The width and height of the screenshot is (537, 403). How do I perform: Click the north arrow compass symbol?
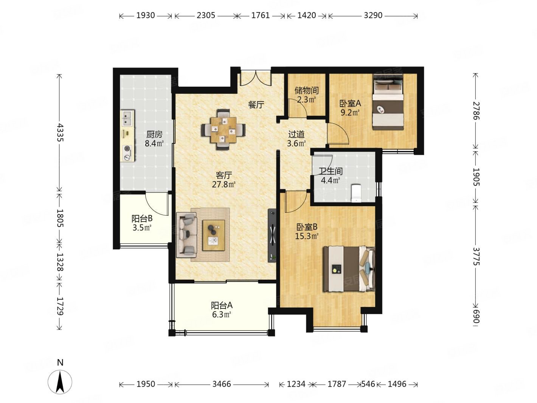(60, 382)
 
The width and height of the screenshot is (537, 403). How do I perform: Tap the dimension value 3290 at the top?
(372, 16)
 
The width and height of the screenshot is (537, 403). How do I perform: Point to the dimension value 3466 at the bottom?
(221, 384)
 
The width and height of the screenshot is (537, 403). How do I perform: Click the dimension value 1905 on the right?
(476, 177)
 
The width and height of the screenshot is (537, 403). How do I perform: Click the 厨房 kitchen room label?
(154, 134)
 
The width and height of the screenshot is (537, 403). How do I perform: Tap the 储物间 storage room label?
(306, 90)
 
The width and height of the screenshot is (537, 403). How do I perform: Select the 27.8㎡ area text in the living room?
(223, 184)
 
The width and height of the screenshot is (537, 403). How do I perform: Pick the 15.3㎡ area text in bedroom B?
(307, 236)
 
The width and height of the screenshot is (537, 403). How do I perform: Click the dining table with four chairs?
(223, 129)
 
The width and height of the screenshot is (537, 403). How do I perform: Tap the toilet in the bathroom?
(356, 193)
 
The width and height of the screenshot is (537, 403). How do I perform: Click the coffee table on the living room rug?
(214, 235)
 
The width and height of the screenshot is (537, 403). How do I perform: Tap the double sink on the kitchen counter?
(128, 118)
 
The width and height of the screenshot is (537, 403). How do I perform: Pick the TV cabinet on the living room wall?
(272, 235)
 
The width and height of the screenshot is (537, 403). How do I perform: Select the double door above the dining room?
(255, 78)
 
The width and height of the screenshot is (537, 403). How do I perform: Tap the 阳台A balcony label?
(222, 305)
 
